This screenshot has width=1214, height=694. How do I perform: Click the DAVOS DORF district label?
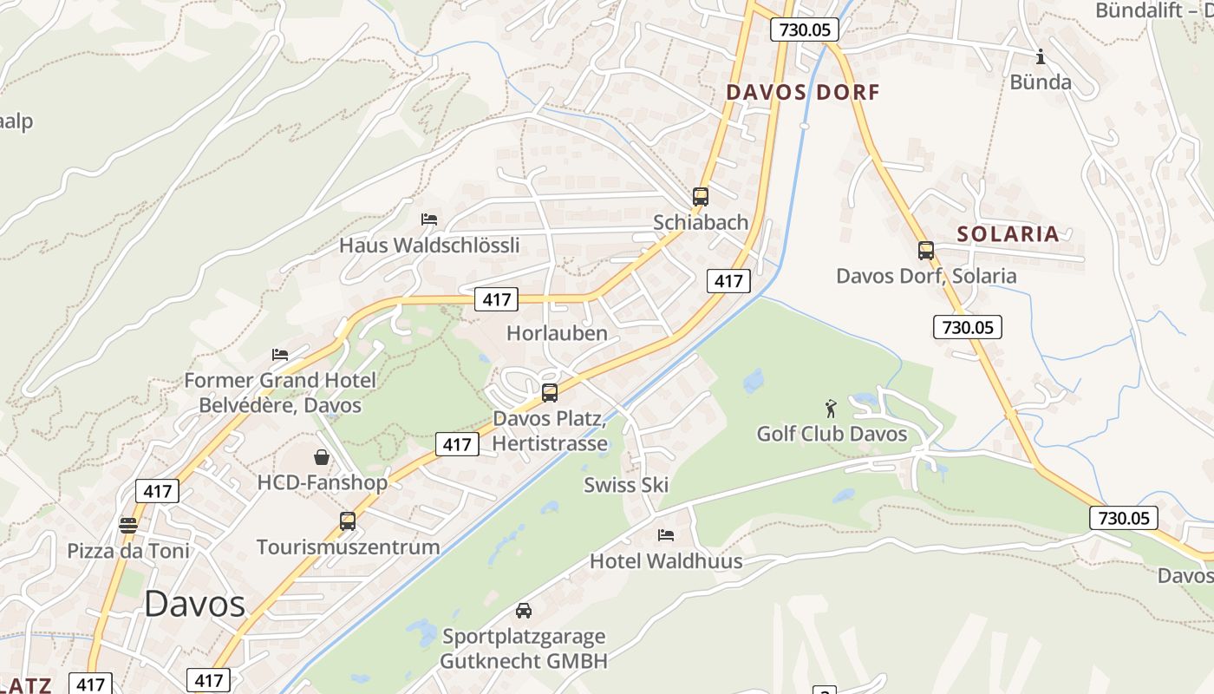click(802, 92)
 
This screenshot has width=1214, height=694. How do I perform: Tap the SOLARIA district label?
click(1008, 233)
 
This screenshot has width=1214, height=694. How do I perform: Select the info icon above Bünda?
click(1041, 57)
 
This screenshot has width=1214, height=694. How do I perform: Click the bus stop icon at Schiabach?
click(700, 197)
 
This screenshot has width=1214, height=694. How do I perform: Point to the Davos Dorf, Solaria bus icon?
click(926, 251)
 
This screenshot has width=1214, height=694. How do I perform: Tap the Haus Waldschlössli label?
click(429, 246)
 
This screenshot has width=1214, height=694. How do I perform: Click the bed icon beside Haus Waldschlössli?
click(428, 219)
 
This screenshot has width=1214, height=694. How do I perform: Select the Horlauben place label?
click(557, 333)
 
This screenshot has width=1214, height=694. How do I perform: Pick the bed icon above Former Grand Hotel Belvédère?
click(280, 355)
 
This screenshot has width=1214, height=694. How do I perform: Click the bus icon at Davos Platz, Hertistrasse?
click(549, 392)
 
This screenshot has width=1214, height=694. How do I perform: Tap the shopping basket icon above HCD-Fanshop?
click(322, 456)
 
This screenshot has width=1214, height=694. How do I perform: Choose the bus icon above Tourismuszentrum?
click(348, 521)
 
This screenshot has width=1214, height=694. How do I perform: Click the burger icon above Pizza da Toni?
click(127, 525)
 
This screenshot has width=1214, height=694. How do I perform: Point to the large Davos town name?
click(194, 603)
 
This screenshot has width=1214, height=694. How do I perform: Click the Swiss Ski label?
click(626, 485)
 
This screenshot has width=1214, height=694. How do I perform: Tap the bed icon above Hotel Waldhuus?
click(665, 535)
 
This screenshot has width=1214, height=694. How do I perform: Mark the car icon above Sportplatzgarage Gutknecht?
click(523, 611)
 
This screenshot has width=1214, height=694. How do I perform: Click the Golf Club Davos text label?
click(832, 434)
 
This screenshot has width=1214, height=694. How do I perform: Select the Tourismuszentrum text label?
click(348, 547)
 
